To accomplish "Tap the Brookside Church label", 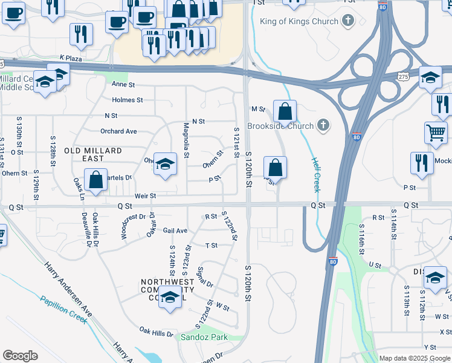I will pos(280,126).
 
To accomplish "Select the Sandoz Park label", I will pos(203,337).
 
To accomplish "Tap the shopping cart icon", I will pos(436,132).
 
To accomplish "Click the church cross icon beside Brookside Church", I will pos(323,126).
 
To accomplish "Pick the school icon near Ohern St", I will pos(164,164).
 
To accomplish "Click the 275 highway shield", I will pos(404,76).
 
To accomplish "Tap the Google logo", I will pos(21,356).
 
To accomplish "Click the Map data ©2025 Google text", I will pos(415,358).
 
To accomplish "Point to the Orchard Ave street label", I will pos(118,131).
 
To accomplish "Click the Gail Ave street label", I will pos(175,231).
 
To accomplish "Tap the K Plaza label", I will pos(71,57).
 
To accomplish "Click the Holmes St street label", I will pos(127,100).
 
